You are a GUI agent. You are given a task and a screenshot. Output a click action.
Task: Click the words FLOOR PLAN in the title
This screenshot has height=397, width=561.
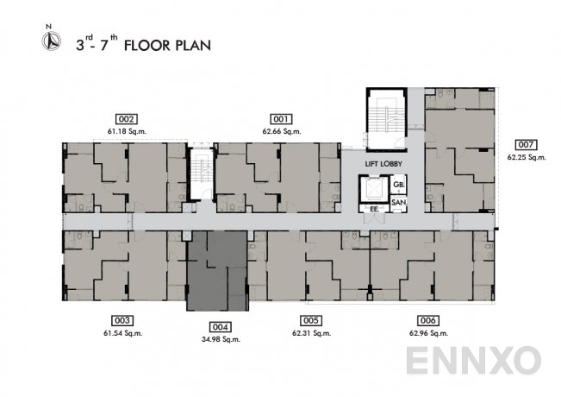pos(167,46)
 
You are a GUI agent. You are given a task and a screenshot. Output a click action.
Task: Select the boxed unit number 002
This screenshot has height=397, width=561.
pos(127,119)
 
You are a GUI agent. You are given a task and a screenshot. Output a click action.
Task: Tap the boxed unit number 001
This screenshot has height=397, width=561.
pos(281,119)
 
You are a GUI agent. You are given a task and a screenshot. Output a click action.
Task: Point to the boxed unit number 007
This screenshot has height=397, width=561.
pos(526,145)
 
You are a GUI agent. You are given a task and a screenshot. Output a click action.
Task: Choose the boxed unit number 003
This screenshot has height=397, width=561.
pos(122,320)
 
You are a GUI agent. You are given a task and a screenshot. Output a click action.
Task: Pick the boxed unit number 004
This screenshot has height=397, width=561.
pos(220,327)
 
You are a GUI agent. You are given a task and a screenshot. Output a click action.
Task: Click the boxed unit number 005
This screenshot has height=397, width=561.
pos(311,320)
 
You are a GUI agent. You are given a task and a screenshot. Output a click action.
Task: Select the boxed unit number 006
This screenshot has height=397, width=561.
pos(428,320)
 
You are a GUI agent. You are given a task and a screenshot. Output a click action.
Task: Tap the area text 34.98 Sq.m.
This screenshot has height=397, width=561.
pos(221,339)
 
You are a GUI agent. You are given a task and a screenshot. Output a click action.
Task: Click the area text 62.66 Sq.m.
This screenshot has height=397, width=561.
pos(282,131)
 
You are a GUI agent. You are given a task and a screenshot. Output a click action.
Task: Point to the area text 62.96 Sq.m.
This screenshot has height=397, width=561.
pos(428,333)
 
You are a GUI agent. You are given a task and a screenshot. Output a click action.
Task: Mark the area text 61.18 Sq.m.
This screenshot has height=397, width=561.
pos(127,131)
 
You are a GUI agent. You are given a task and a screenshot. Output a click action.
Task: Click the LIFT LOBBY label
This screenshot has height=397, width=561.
pos(383,164)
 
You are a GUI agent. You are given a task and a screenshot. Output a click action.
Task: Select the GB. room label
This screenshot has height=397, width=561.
pos(399,185)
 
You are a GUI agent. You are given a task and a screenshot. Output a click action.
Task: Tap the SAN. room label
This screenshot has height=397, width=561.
pos(399,203)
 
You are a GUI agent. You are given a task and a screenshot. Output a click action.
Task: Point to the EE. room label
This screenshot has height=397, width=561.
pos(375,209)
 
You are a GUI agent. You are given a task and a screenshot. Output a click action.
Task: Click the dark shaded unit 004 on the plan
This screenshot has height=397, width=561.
pos(217,271)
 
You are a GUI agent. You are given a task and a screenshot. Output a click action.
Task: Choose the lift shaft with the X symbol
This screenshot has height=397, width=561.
pos(374,189)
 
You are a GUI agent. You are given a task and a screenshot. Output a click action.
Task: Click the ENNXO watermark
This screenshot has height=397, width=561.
pos(473,361)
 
